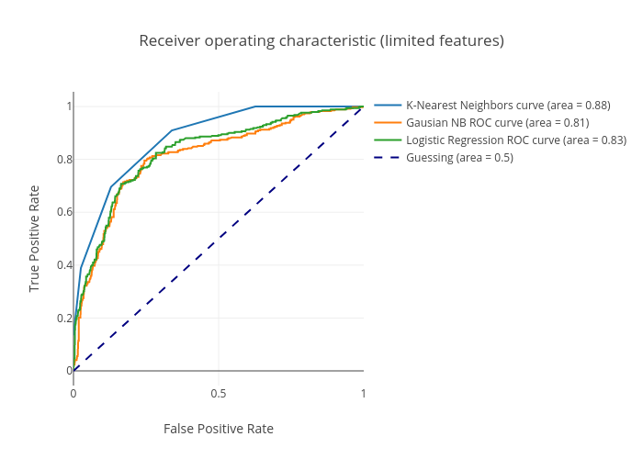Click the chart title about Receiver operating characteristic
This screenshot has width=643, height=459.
(321, 41)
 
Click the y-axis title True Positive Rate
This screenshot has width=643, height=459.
(35, 239)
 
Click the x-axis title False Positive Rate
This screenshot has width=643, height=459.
(219, 429)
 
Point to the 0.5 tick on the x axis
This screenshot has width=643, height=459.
(219, 393)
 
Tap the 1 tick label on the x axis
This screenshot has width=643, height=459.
(363, 393)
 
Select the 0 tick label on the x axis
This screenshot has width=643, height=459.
(73, 393)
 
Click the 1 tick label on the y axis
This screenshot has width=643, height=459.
(68, 106)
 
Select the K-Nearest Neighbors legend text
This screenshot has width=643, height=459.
(508, 106)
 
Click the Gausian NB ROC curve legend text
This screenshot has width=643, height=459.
(497, 123)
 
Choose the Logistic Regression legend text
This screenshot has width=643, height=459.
(516, 140)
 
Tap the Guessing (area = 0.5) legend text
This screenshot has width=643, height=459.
(459, 158)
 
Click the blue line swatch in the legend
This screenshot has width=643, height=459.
(388, 106)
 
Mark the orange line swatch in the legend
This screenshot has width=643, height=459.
(388, 123)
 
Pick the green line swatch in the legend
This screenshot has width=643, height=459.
(388, 140)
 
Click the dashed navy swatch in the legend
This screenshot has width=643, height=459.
(388, 158)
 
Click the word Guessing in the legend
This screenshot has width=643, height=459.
(430, 158)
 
